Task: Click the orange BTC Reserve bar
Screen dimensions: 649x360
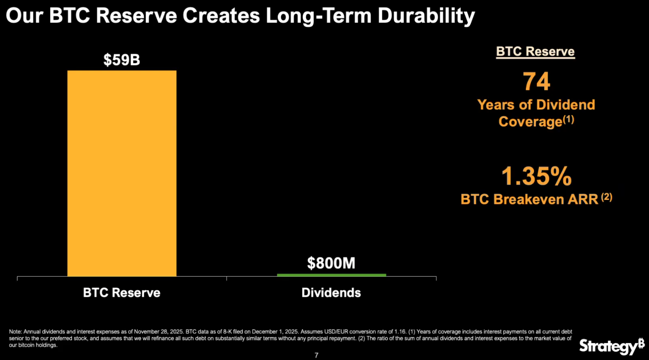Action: pos(122,173)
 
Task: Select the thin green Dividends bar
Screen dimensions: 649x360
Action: pos(331,275)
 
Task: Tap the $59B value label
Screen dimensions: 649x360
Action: pos(122,60)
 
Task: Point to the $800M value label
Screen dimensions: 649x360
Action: pos(331,263)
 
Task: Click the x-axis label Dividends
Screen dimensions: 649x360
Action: pos(331,293)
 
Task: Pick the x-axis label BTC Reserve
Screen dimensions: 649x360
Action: pos(122,293)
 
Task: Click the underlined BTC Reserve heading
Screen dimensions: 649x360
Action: pos(535,52)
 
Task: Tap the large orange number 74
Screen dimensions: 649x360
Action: pos(536,82)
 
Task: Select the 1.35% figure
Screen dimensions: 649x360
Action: pos(536,176)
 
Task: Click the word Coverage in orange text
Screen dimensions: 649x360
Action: pos(531,122)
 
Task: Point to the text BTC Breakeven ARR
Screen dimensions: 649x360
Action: pos(529,199)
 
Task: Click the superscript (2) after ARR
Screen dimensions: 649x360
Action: pos(607,197)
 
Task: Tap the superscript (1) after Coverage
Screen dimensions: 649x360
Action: pos(568,119)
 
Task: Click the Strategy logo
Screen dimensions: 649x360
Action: pos(612,346)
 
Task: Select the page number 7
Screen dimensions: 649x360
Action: pos(316,355)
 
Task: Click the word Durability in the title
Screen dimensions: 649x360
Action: pos(426,16)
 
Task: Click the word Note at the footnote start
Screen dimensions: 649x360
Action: pos(15,332)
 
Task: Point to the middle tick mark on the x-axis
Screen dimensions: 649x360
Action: pos(227,278)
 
